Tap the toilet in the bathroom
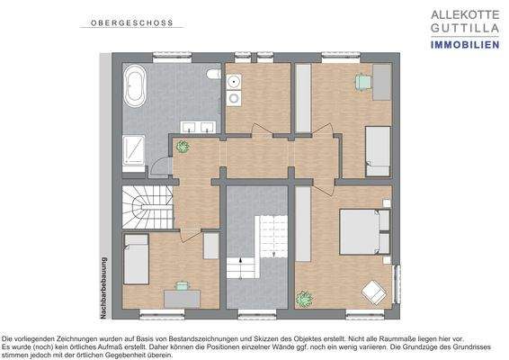click(212, 76)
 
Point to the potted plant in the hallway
click(183, 147)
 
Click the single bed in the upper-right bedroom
click(377, 149)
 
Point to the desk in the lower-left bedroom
click(181, 292)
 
